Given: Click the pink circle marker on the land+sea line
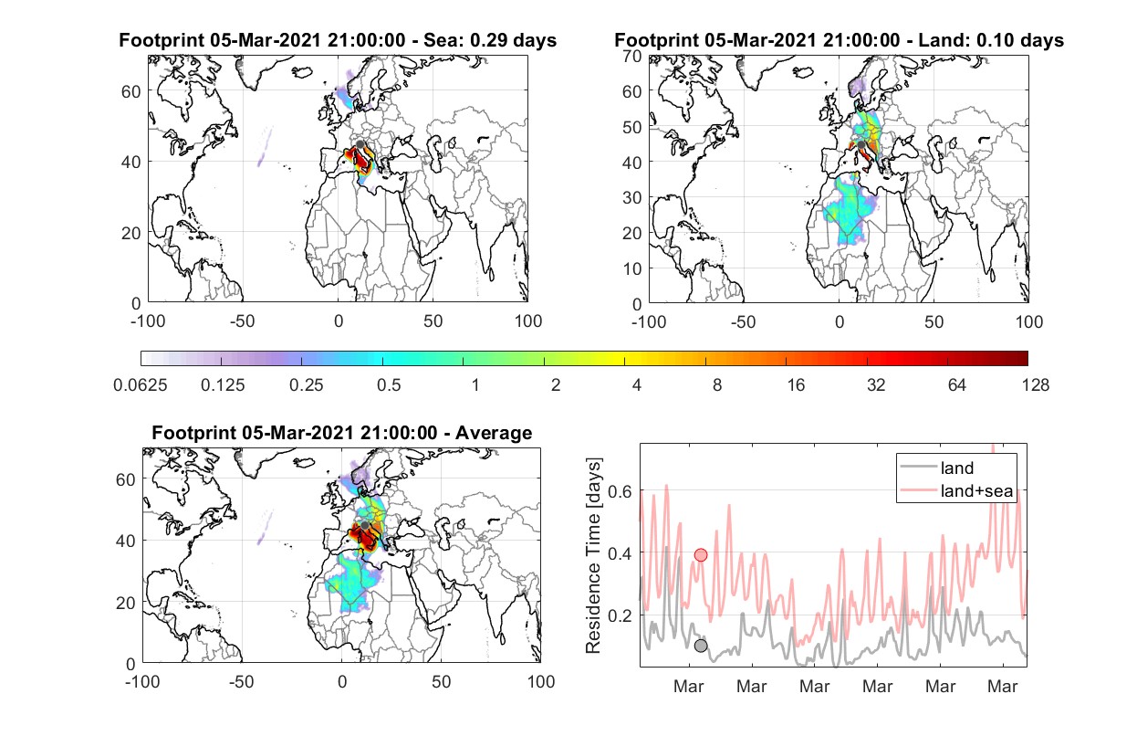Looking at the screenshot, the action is pos(701,554).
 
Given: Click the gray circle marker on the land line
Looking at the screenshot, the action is pos(701,646).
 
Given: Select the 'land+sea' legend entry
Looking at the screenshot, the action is pos(956,490).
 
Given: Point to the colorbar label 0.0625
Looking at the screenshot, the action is pos(141,385).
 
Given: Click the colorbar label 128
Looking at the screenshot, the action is pos(1035,385).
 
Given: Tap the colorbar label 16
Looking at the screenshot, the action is pos(796,385).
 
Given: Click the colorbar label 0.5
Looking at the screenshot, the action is pos(389,385).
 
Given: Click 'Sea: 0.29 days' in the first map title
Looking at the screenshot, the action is pos(490,40).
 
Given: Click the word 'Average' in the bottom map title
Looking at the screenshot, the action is pos(494,433).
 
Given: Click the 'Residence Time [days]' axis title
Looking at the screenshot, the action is pos(593,556).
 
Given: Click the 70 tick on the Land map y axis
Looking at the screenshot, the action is pos(632,56).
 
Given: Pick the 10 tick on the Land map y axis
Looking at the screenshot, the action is pos(632,268).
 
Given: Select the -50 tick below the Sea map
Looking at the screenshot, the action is pos(242,321).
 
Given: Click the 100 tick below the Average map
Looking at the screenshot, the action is pos(541,681).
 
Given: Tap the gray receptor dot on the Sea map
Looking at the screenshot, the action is pos(360,144).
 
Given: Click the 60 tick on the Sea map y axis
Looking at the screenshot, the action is pos(131,91).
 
